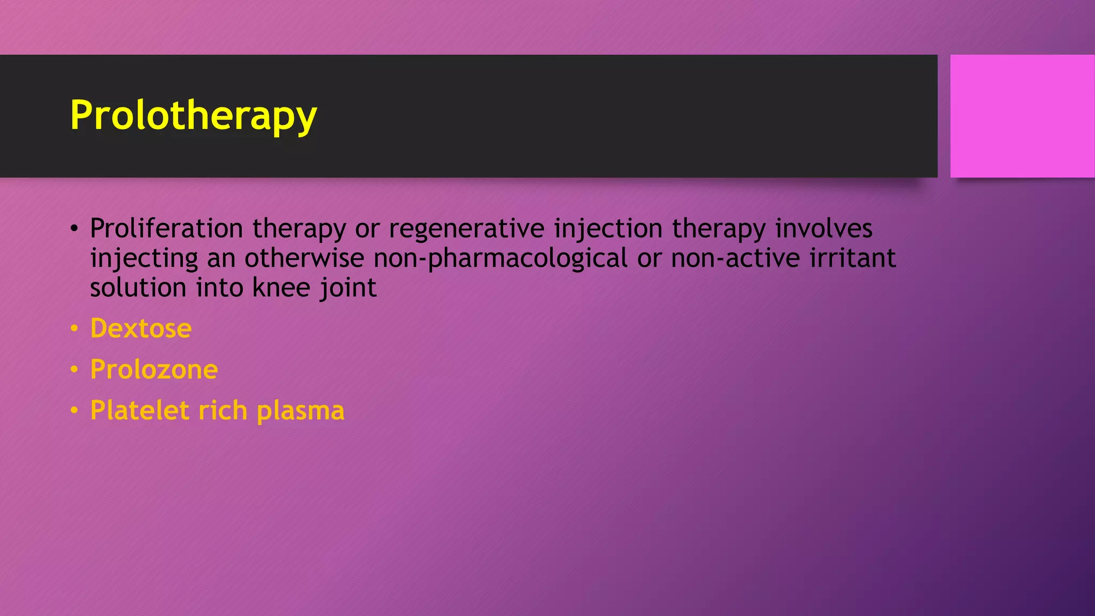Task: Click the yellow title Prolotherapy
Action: (x=194, y=115)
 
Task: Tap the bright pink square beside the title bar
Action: (x=1022, y=116)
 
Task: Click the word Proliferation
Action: (x=166, y=228)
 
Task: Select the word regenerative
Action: (x=466, y=228)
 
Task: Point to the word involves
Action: (x=824, y=228)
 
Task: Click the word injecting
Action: (x=144, y=258)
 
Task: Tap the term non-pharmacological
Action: (x=500, y=258)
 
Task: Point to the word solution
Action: (x=138, y=288)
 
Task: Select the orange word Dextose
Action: (x=141, y=328)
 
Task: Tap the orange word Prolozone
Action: (x=154, y=369)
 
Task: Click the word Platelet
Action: (x=140, y=411)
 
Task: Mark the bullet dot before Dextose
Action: (x=74, y=328)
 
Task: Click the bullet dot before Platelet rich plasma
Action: (x=74, y=411)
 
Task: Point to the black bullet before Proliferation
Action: (x=74, y=229)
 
